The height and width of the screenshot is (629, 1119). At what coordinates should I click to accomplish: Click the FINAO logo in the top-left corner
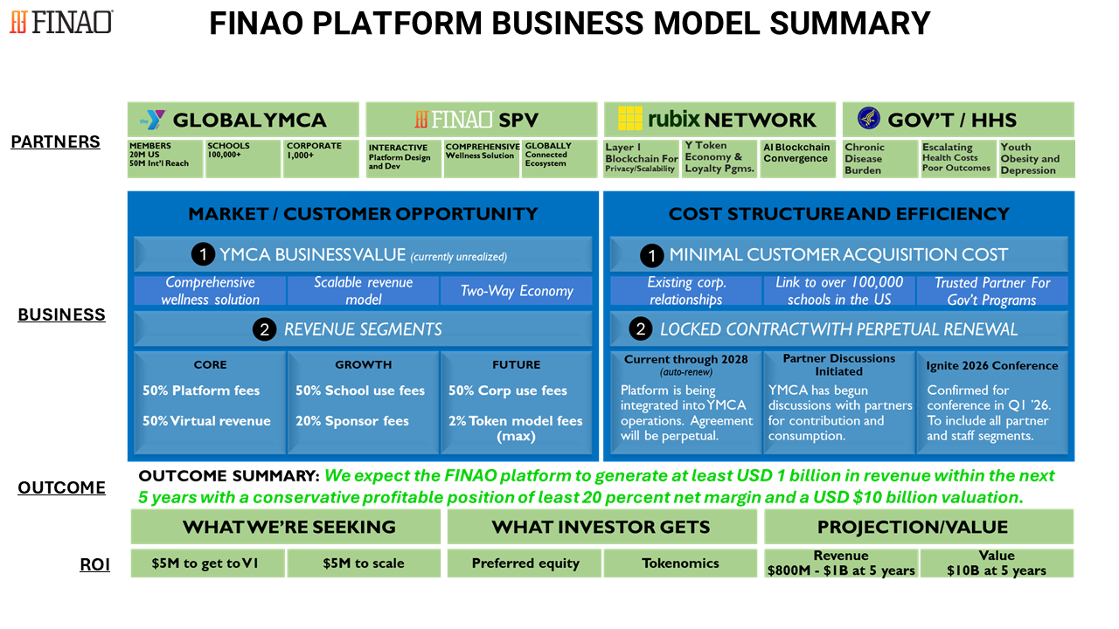[x=60, y=22]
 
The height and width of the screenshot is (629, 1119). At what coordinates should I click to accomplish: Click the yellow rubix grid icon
[x=630, y=119]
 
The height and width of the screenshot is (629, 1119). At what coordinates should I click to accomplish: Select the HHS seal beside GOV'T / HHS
[x=868, y=119]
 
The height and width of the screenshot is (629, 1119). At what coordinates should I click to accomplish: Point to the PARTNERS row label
[x=55, y=142]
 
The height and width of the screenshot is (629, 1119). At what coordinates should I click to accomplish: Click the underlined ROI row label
[x=94, y=564]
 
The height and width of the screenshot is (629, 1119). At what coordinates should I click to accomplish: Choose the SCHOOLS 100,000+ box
[x=243, y=158]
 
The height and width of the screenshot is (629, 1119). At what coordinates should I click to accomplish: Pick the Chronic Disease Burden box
[x=879, y=159]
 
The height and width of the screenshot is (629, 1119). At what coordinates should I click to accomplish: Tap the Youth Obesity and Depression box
[x=1036, y=159]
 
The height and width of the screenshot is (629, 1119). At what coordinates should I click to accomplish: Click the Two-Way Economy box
[x=517, y=291]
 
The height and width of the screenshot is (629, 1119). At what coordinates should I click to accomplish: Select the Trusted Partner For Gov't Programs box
[x=991, y=291]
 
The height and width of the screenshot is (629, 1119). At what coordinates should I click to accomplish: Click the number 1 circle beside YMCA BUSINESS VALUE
[x=203, y=254]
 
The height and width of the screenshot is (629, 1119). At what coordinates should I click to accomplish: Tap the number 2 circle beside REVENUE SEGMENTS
[x=264, y=329]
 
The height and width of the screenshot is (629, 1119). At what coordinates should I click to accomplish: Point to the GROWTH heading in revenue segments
[x=363, y=364]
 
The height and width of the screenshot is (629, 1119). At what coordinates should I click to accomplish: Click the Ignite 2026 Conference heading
[x=992, y=365]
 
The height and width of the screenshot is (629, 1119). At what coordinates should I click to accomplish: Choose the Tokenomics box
[x=680, y=563]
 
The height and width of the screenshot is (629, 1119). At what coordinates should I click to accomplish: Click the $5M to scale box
[x=363, y=563]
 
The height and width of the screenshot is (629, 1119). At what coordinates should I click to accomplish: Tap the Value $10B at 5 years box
[x=997, y=563]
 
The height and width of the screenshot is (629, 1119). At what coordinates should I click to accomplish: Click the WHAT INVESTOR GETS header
[x=601, y=527]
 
